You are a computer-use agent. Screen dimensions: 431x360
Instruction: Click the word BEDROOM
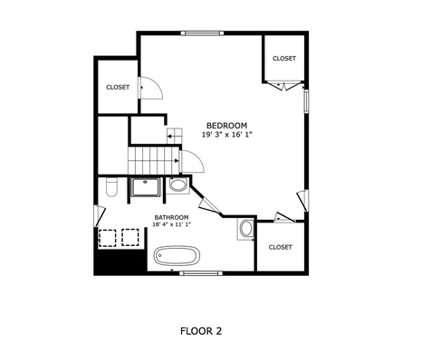pyautogui.click(x=226, y=125)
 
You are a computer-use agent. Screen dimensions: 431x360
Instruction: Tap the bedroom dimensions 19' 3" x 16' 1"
pyautogui.click(x=226, y=135)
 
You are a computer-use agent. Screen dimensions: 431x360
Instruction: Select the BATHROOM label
pyautogui.click(x=171, y=218)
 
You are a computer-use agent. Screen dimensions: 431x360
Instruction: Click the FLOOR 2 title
pyautogui.click(x=201, y=330)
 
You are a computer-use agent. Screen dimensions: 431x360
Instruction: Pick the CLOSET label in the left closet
pyautogui.click(x=118, y=87)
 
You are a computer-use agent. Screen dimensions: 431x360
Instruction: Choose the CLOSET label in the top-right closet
pyautogui.click(x=284, y=58)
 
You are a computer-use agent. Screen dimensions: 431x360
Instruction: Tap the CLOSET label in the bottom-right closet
pyautogui.click(x=280, y=247)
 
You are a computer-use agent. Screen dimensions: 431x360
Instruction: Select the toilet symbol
pyautogui.click(x=110, y=188)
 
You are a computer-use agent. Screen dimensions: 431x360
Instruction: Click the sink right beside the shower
pyautogui.click(x=178, y=185)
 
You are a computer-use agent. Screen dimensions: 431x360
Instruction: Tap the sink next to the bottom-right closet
pyautogui.click(x=246, y=230)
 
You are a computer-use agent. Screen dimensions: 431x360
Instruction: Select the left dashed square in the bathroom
pyautogui.click(x=109, y=238)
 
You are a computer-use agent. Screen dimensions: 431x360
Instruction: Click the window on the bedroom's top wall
pyautogui.click(x=201, y=33)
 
